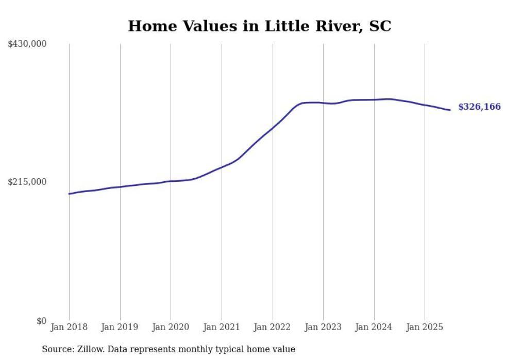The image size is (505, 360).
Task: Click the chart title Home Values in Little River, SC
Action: coord(259,26)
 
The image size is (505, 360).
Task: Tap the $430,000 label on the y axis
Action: coord(27,44)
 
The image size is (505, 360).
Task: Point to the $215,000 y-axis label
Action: coord(27,182)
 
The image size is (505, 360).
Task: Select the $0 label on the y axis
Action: coord(41,321)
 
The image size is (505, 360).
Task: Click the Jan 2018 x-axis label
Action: coord(69,327)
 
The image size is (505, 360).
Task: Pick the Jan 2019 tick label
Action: coord(120,327)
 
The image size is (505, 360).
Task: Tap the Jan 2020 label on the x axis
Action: coord(171,327)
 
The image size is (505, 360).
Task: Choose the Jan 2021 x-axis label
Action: coord(222,327)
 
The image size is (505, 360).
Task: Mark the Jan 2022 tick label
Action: coord(273,327)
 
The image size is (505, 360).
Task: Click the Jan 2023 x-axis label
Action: coord(323,327)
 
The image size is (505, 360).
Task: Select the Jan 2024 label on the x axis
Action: coord(374,327)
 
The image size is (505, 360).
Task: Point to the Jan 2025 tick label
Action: coord(425,327)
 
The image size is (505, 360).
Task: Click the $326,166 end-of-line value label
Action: coord(479,107)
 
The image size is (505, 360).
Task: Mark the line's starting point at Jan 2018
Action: coord(69,194)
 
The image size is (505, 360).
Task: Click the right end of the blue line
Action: coord(450,110)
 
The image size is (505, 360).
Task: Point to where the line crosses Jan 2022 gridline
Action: coord(273,127)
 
